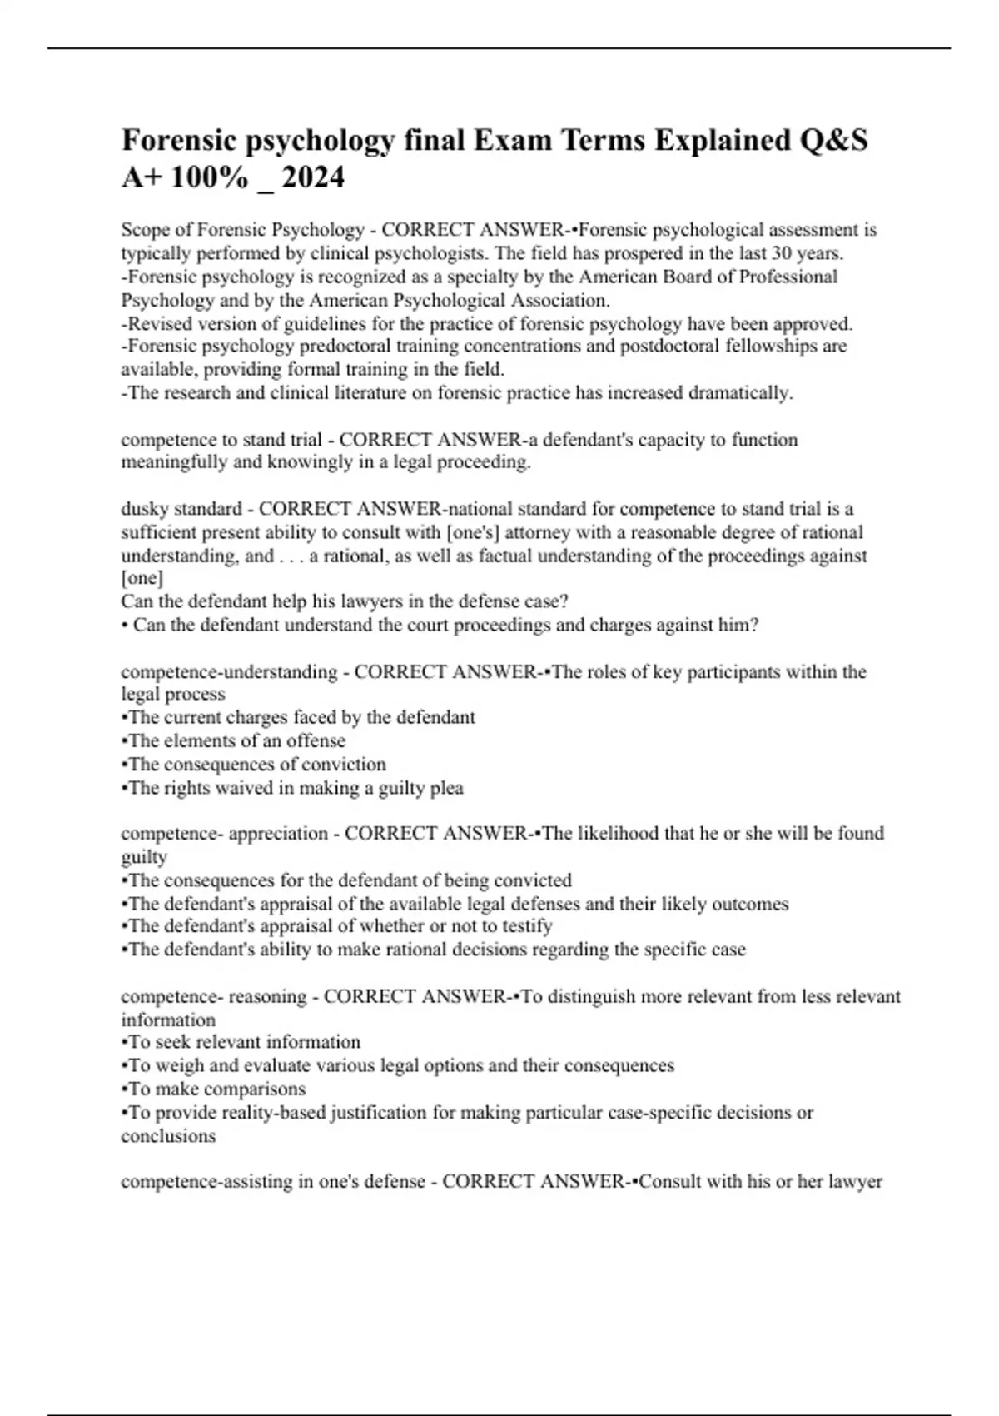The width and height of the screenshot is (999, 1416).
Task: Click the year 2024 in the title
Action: point(313,177)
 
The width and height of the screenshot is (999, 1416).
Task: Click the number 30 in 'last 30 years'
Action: point(783,253)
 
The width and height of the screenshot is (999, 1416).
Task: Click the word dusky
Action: point(144,509)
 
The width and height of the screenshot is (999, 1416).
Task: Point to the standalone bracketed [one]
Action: point(142,578)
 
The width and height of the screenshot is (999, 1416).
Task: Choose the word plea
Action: point(447,788)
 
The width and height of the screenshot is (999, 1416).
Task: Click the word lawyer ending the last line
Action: point(855,1182)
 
